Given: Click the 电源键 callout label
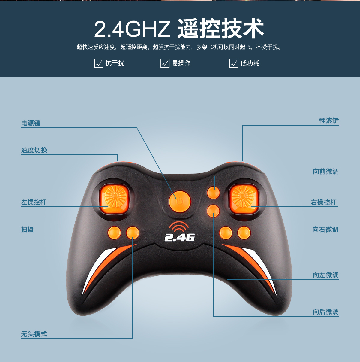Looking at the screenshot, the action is pos(31,123).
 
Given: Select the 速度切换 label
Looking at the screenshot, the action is pos(34,150).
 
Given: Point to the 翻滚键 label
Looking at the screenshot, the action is pos(329,121).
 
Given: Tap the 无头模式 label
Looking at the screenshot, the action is pos(34,334).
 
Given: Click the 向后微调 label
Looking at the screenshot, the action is pos(325,312).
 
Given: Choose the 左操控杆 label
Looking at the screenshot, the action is pos(34,202).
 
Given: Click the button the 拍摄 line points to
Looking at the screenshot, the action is pos(114,233).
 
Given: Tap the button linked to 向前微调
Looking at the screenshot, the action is pos(213,193).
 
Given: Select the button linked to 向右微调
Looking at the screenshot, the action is pos(244,233).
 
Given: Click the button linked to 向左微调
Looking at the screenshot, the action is pos(226,233).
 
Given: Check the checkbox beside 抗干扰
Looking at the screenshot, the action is pos(98,63).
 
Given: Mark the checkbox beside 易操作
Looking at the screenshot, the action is pos(165,63).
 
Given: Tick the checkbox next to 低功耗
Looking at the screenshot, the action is pos(234,63).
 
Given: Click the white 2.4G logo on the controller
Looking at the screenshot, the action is pos(179,238).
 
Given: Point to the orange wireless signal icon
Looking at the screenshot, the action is pos(179,227).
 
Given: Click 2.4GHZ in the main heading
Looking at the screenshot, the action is pos(132,29).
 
